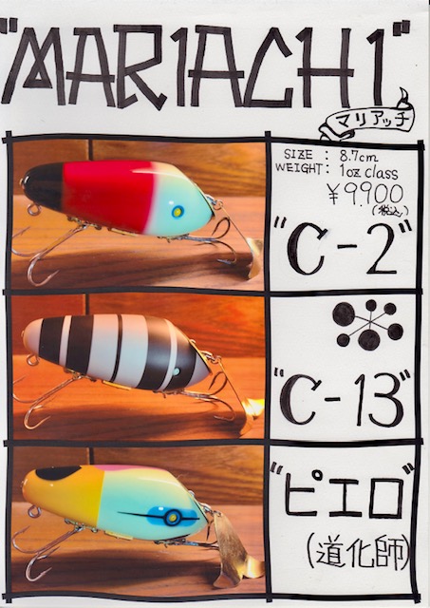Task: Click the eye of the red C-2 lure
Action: [x=178, y=211]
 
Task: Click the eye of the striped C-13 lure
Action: [x=177, y=371]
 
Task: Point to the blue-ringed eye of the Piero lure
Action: [x=172, y=517]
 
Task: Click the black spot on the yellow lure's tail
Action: [x=56, y=473]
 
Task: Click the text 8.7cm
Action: [x=359, y=156]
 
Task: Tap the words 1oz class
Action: [x=368, y=171]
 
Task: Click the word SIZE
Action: [x=298, y=154]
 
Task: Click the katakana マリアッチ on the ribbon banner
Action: [x=369, y=122]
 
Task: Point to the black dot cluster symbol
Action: [x=367, y=324]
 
